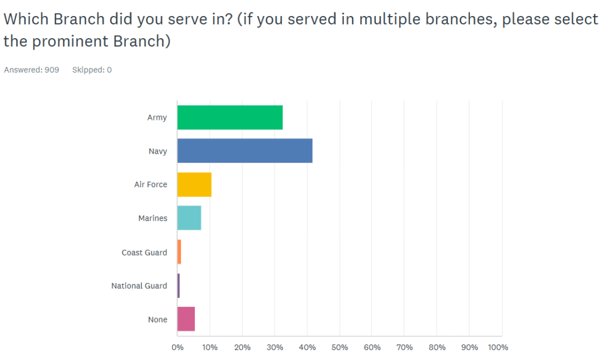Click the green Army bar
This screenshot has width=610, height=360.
[230, 117]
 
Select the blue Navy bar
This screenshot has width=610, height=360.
[245, 151]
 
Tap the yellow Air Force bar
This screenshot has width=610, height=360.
[194, 184]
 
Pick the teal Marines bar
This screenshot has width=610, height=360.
[189, 218]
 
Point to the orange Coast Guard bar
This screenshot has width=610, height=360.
[179, 252]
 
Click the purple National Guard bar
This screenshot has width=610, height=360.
[178, 285]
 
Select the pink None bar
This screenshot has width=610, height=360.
[186, 319]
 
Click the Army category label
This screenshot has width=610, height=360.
[157, 117]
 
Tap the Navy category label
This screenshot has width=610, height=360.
[157, 151]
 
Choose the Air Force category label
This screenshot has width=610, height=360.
[150, 185]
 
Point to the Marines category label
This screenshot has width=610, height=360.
[152, 218]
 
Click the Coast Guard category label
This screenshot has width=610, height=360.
[144, 252]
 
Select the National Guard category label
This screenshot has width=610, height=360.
[139, 286]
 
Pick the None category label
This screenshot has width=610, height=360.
[157, 319]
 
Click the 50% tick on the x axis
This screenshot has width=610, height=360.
[340, 347]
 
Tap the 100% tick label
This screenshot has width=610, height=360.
[497, 347]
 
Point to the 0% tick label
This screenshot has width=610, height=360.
[177, 347]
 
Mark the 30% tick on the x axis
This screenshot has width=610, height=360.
[275, 347]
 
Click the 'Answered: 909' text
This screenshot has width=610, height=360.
[32, 70]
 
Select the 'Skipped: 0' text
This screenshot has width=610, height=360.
[92, 70]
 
